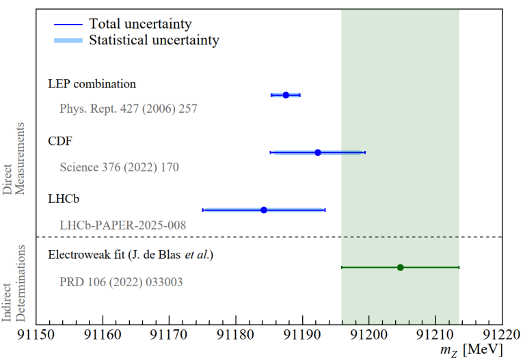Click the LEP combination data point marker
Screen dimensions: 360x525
[286, 95]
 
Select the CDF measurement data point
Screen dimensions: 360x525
[318, 152]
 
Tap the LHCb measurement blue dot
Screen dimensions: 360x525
[264, 210]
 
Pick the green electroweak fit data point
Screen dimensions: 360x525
[401, 267]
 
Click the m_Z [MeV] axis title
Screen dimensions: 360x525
[472, 350]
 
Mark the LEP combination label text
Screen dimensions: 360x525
[92, 84]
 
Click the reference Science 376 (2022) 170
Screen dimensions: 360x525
[119, 167]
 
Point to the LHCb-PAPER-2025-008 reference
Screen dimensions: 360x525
[122, 224]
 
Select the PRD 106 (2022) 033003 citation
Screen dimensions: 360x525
[121, 281]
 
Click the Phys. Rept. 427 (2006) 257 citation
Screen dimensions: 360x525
[129, 109]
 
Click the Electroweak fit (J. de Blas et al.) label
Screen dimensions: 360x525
[131, 255]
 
